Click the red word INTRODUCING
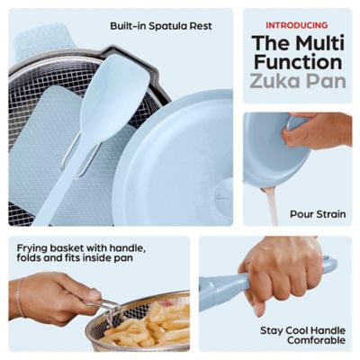point(297,25)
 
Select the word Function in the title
point(297,63)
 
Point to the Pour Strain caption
point(317,214)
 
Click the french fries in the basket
point(153,326)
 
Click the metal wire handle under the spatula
point(80,158)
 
